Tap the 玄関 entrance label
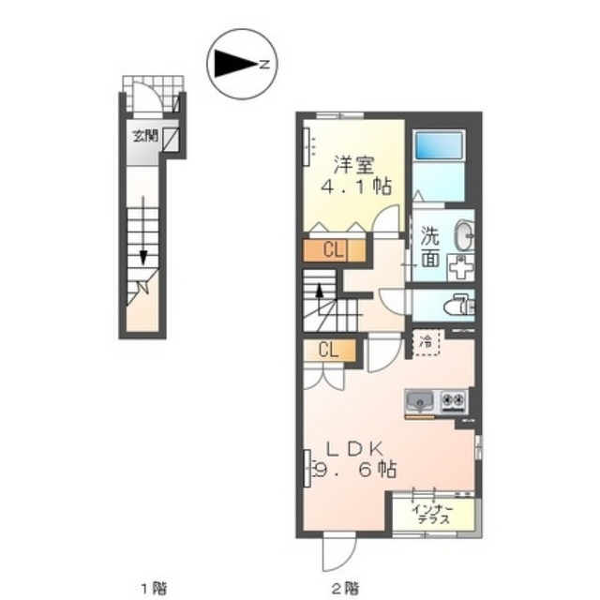(145, 136)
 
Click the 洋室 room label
(354, 165)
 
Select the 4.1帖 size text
(356, 187)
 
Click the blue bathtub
(439, 145)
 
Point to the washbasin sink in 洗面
(464, 235)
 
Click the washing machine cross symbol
(460, 267)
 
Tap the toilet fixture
(459, 305)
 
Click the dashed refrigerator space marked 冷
(427, 342)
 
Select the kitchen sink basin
(419, 402)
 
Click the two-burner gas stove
(454, 402)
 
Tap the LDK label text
(354, 449)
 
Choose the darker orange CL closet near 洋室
(334, 250)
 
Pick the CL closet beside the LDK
(329, 350)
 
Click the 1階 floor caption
(155, 588)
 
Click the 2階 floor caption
(346, 588)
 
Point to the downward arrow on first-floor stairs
(143, 231)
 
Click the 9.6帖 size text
(354, 469)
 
